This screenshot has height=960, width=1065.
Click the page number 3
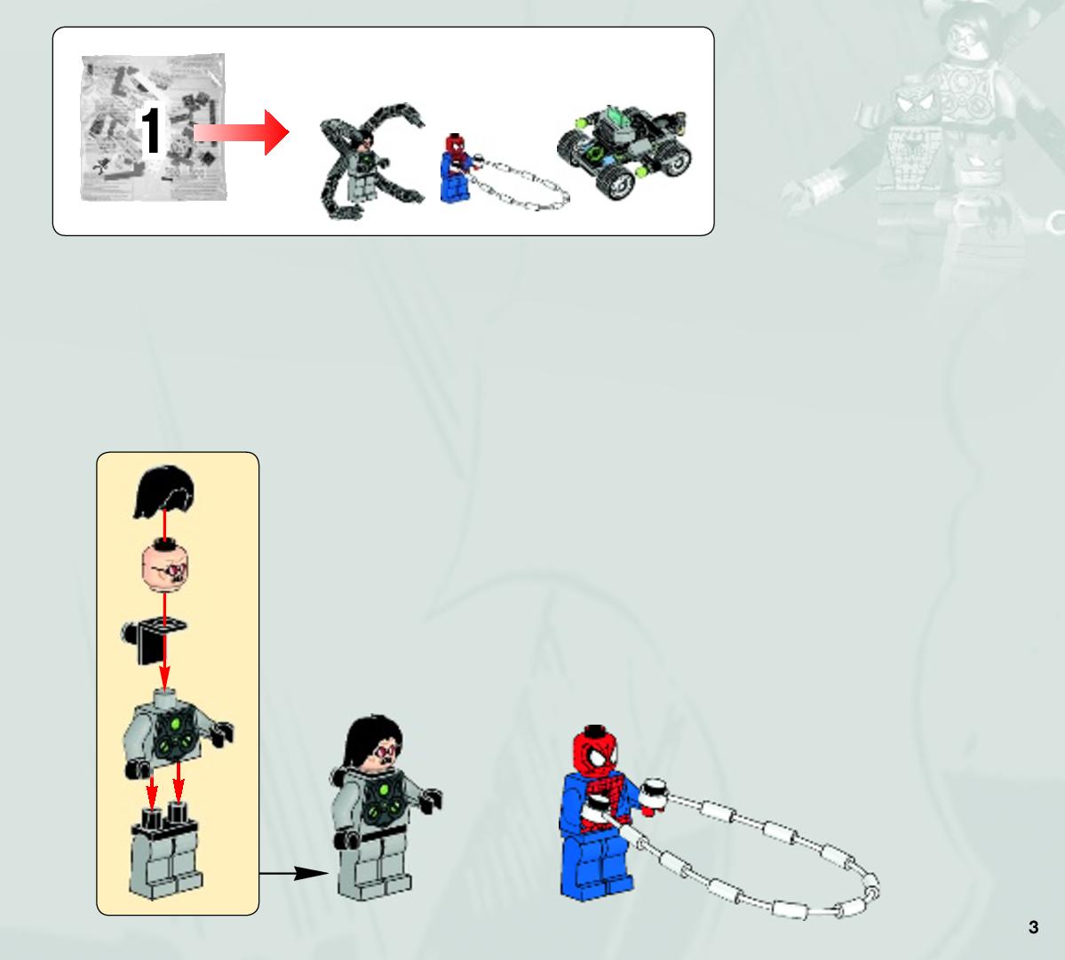click(x=1033, y=927)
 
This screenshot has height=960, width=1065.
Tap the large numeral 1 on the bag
click(x=150, y=131)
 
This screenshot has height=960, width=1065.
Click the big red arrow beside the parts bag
click(x=241, y=132)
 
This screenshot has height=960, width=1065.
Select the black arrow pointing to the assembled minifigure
click(x=293, y=873)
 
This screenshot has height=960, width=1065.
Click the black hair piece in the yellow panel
click(x=165, y=491)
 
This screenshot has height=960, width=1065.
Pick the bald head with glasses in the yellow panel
click(x=165, y=566)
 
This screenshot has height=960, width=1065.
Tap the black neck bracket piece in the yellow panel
click(x=154, y=639)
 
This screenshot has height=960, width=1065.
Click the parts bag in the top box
click(x=153, y=128)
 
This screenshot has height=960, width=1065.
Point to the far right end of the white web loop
click(x=878, y=886)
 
